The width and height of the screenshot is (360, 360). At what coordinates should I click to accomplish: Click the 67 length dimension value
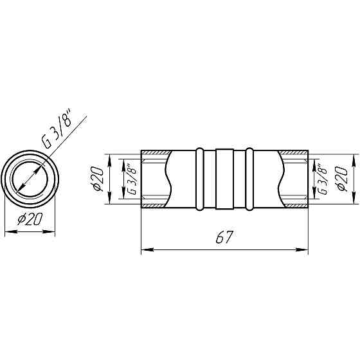[224, 237]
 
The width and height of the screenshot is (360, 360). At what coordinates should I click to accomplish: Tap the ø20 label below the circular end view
[30, 219]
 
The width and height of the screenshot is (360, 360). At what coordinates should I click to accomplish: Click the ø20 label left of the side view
[97, 179]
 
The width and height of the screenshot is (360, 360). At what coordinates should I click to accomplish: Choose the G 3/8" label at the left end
[132, 179]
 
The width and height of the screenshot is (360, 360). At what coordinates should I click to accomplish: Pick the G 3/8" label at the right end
[322, 179]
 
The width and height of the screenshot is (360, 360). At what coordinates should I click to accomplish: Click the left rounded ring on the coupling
[199, 179]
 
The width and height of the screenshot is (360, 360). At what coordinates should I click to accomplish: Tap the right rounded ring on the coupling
[249, 179]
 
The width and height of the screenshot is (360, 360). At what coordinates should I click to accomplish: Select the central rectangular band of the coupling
[225, 179]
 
